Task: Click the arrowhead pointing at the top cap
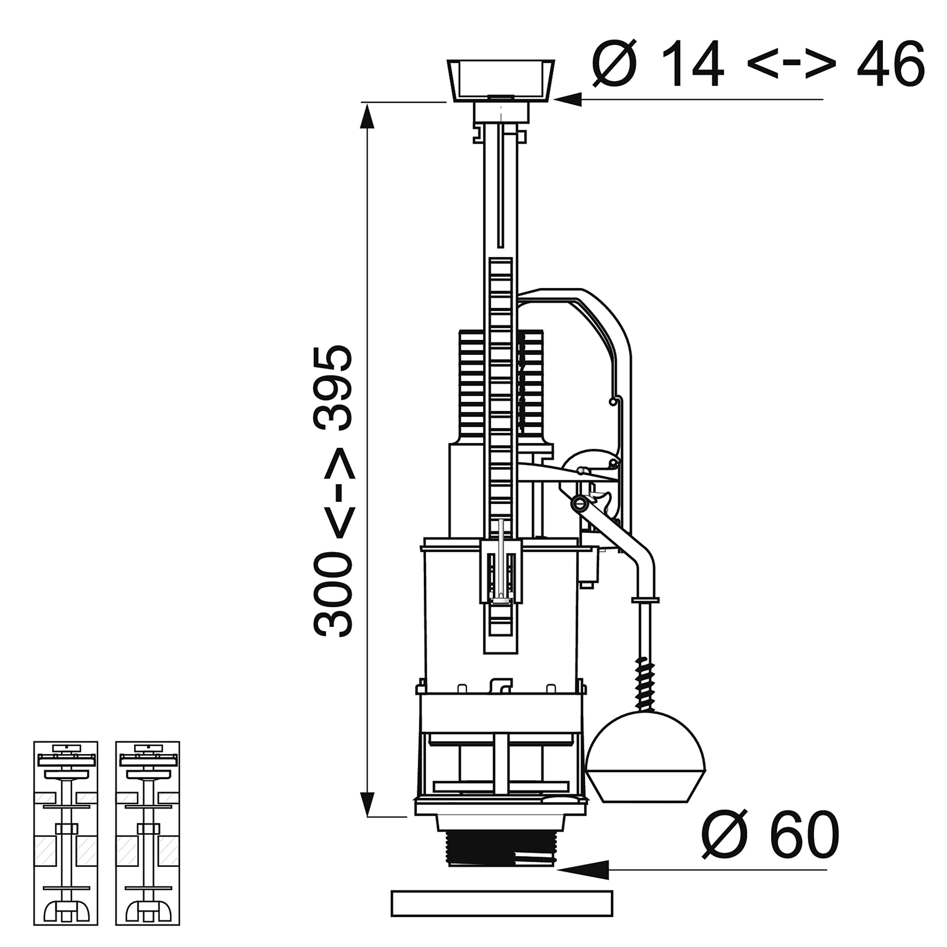point(567,100)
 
